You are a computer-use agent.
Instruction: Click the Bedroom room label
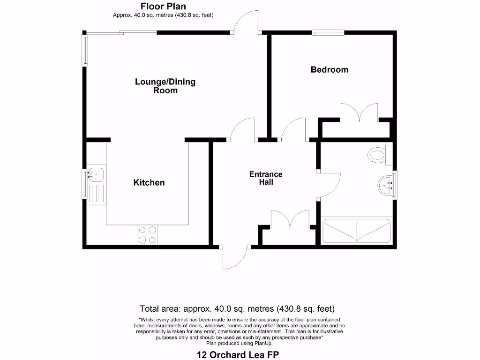click(x=330, y=70)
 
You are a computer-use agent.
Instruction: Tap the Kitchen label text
click(x=149, y=182)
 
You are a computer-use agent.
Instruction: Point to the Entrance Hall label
click(x=266, y=178)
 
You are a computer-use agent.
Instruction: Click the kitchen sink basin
click(x=97, y=175)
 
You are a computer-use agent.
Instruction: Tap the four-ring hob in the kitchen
click(x=147, y=235)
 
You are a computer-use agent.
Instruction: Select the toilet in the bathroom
click(x=379, y=155)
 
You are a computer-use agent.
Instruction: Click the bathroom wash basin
click(x=386, y=185)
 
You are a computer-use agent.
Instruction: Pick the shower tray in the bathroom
click(x=357, y=231)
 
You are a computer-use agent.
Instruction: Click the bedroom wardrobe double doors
click(x=359, y=112)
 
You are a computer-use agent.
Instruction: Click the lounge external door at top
click(x=246, y=22)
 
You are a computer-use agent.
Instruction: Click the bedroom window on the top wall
click(x=328, y=33)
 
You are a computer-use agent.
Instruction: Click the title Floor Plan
click(x=163, y=6)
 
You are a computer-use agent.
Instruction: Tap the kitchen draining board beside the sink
click(x=97, y=193)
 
